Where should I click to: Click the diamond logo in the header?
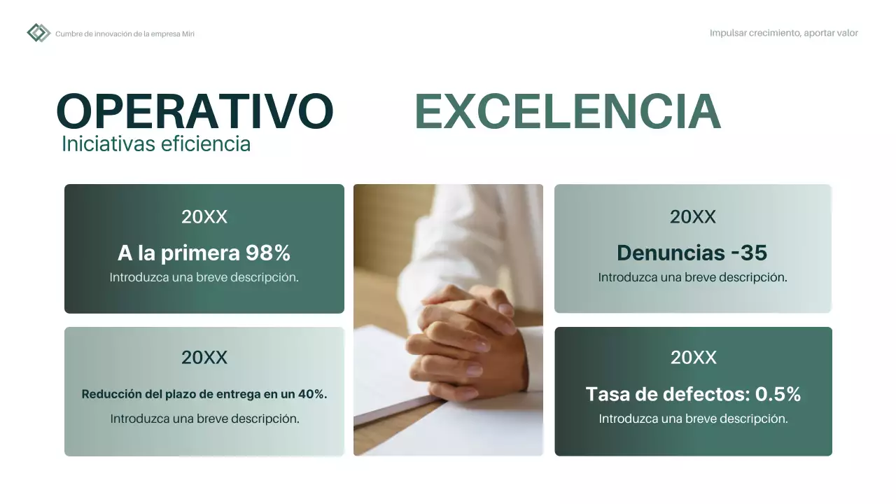[x=38, y=33]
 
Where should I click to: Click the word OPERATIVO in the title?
[x=195, y=112]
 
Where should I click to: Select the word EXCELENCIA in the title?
[x=568, y=112]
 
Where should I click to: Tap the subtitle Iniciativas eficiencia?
[x=156, y=143]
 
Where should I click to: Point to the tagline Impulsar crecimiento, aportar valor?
[x=783, y=33]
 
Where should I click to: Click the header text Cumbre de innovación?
[x=125, y=34]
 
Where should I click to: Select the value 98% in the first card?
[x=267, y=253]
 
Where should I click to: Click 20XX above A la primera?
[x=204, y=217]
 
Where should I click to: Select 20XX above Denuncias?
[x=693, y=217]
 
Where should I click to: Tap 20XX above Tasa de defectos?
[x=694, y=358]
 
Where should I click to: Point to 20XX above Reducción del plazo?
[x=204, y=358]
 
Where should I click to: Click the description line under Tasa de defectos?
[x=693, y=419]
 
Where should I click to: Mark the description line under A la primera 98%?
[x=204, y=277]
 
